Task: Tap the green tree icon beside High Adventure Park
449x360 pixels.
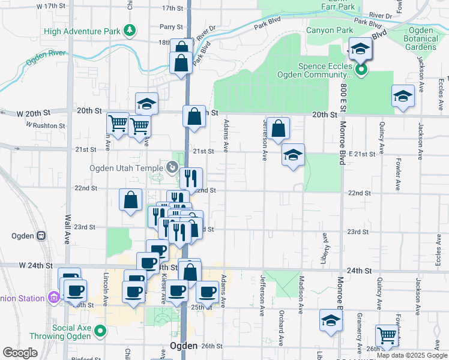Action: (x=129, y=30)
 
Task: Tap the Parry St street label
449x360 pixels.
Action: (x=170, y=27)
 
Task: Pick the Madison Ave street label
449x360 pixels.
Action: (x=301, y=294)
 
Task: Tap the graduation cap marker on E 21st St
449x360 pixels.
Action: (x=293, y=155)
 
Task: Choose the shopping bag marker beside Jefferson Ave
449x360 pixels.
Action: (x=279, y=128)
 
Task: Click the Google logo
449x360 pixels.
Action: (x=20, y=353)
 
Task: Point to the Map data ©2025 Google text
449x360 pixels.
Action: (x=411, y=355)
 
